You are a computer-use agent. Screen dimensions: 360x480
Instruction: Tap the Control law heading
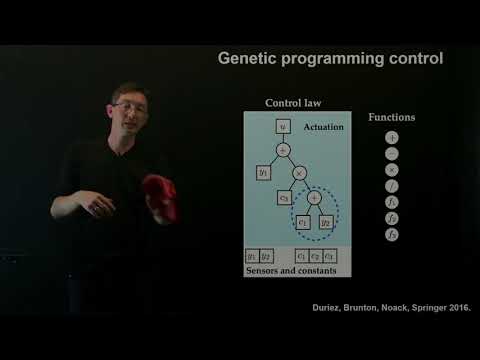point(292,103)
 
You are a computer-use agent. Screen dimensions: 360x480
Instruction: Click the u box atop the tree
point(283,127)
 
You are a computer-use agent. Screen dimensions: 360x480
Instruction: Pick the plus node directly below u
point(283,149)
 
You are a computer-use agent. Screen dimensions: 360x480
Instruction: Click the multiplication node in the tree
point(298,172)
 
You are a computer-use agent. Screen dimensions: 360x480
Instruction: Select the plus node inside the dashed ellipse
point(314,198)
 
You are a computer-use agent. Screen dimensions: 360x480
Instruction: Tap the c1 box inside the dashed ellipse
point(303,221)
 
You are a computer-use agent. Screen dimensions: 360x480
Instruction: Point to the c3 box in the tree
point(283,198)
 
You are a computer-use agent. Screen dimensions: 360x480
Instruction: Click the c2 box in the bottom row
point(315,256)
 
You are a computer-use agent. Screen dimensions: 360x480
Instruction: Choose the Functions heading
point(391,117)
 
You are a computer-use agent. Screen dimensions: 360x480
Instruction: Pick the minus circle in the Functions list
point(392,153)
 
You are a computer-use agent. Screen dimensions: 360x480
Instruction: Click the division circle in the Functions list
point(392,186)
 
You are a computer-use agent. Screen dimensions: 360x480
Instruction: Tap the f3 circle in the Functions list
point(392,234)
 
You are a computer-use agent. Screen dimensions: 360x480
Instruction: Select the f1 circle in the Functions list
point(392,202)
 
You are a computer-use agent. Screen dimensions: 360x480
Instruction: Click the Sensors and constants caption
point(298,271)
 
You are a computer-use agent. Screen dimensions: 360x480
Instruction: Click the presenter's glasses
point(128,104)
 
